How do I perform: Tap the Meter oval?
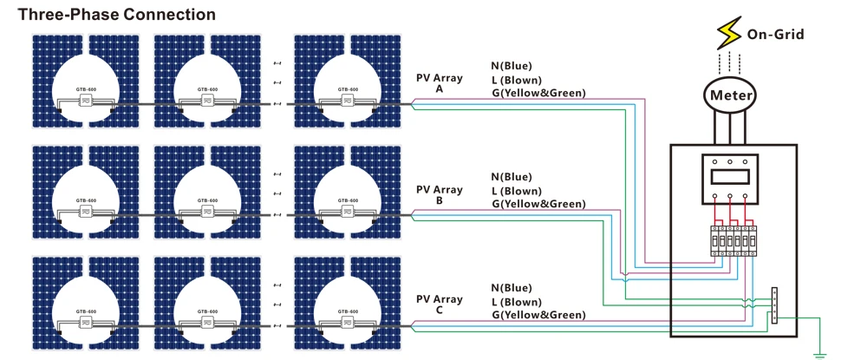coord(730,95)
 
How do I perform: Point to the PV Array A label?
coord(440,83)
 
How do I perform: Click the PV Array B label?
coord(440,194)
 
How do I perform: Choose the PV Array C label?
coord(440,304)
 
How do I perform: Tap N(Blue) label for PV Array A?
coord(512,66)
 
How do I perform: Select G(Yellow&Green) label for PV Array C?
coord(538,314)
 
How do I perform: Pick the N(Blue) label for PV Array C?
coord(512,287)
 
